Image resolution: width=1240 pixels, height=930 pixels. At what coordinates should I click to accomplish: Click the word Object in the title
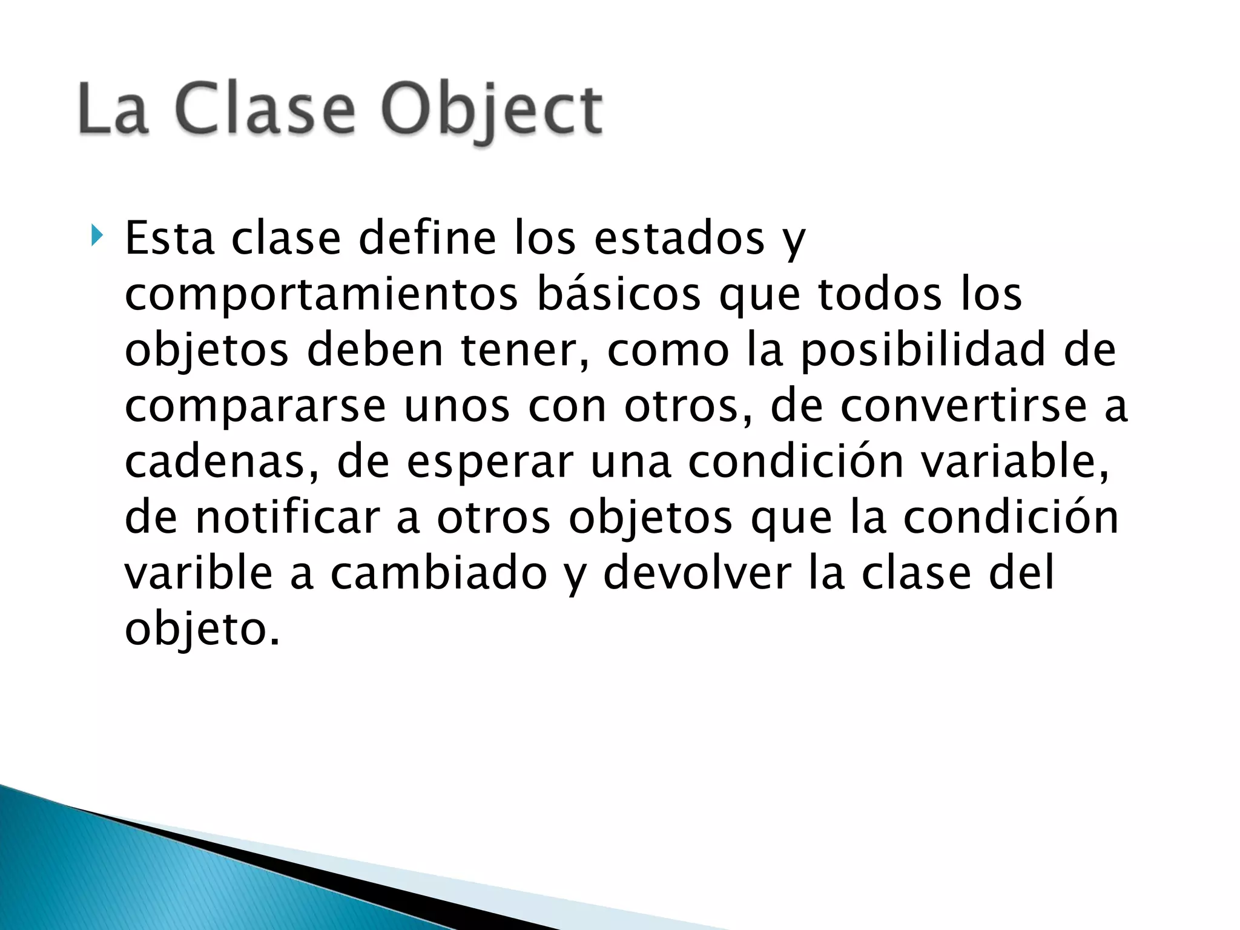(x=492, y=111)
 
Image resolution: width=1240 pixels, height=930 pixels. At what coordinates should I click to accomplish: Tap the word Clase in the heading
(x=265, y=110)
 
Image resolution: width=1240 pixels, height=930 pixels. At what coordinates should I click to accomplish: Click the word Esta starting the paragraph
(x=170, y=239)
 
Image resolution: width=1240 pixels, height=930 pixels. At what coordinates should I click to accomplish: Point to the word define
(x=427, y=239)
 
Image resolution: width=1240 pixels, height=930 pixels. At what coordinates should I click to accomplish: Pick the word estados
(x=679, y=239)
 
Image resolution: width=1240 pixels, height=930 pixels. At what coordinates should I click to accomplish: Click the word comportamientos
(x=322, y=295)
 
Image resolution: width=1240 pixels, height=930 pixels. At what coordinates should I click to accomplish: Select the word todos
(x=880, y=294)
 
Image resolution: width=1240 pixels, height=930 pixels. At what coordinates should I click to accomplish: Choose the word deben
(x=375, y=350)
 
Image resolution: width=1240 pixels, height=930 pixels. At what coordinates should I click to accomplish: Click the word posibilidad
(x=923, y=351)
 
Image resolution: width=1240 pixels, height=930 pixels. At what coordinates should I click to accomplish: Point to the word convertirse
(x=963, y=406)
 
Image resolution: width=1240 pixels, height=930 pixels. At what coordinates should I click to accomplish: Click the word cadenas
(x=222, y=461)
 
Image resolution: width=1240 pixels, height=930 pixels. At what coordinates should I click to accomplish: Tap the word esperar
(x=489, y=463)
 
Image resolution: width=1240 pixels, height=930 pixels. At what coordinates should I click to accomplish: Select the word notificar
(x=287, y=517)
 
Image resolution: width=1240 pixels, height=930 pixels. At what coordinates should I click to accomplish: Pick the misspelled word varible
(x=199, y=573)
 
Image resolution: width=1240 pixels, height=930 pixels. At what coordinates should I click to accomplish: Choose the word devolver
(x=697, y=573)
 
